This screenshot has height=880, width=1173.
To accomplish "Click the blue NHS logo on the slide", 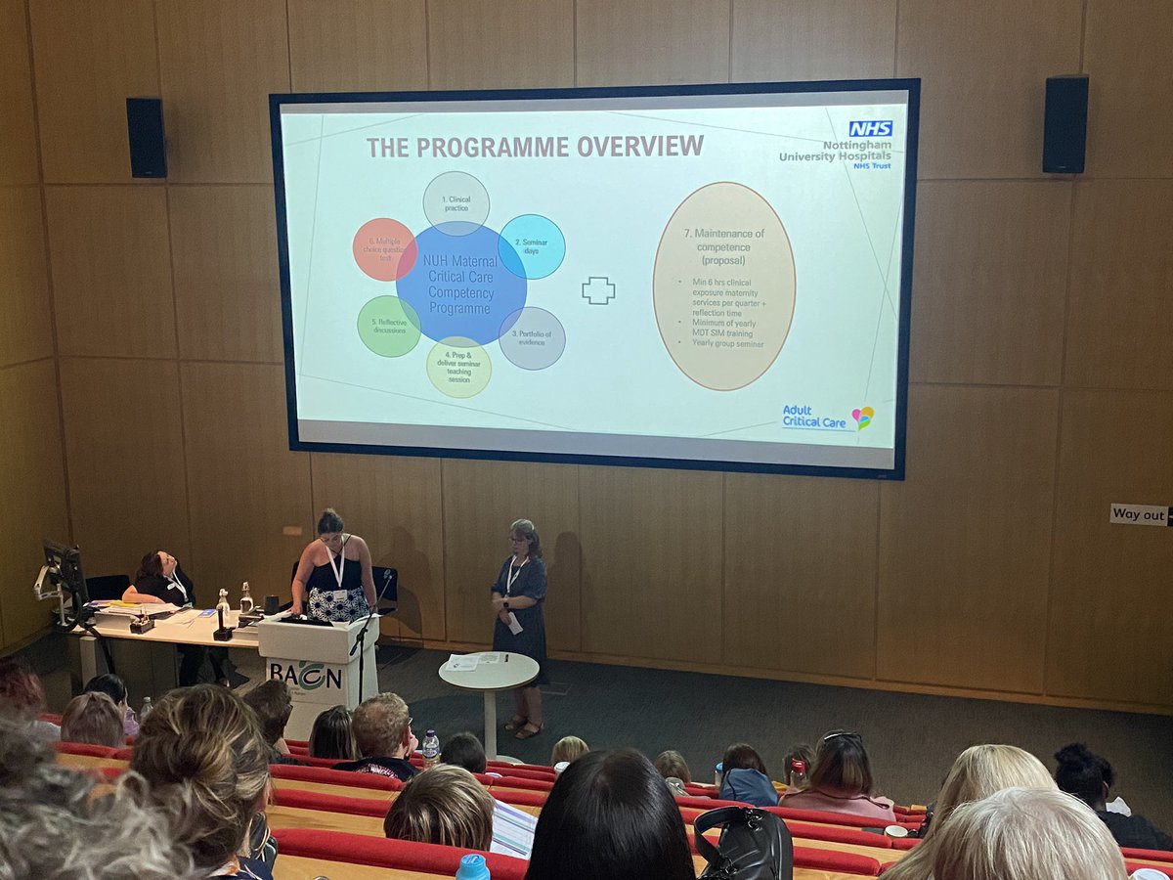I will point(869,128).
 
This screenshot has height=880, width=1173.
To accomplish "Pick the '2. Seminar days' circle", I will point(532,246).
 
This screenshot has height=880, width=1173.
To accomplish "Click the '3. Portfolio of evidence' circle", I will point(532,338).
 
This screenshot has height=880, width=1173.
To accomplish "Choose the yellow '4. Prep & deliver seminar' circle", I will point(458,367).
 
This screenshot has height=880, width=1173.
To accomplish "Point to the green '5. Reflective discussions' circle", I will point(388,326).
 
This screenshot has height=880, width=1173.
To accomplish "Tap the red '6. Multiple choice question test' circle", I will point(384,249).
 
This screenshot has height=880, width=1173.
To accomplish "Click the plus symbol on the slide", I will point(598,290).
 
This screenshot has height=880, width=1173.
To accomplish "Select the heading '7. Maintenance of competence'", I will point(723,241).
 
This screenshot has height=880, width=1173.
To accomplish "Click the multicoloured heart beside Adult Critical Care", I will point(862,418).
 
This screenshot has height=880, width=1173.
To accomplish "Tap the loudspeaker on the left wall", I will point(146,138).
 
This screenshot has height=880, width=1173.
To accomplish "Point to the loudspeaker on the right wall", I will point(1064,124).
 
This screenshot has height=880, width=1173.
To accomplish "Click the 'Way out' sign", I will point(1139,514).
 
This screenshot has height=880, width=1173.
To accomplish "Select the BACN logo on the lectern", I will point(305,675).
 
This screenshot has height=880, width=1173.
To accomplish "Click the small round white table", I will point(488,671).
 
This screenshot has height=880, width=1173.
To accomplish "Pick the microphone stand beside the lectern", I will point(363,645).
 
